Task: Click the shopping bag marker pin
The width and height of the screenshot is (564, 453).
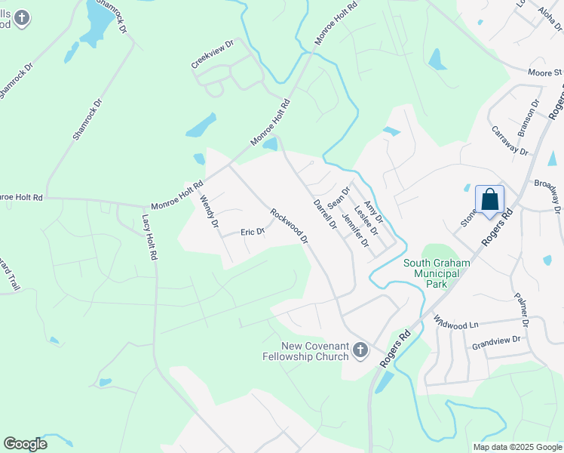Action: [489, 201]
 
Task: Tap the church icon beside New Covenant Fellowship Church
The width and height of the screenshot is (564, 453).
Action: [360, 350]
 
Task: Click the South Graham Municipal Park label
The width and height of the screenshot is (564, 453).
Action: [436, 274]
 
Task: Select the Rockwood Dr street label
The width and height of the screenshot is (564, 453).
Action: [290, 226]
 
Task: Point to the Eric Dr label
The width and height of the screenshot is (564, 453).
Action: [253, 233]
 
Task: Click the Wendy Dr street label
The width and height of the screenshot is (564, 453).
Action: [209, 212]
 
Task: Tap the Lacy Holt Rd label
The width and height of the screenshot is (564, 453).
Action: [150, 237]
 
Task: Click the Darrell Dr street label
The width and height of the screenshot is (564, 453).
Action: [323, 214]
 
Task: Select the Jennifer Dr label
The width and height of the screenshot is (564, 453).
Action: [355, 230]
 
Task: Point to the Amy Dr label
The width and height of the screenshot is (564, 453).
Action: [374, 212]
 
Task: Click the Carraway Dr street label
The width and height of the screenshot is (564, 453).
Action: [509, 137]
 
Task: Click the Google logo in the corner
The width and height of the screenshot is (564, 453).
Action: [25, 444]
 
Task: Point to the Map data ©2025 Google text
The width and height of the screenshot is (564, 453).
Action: [517, 447]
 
